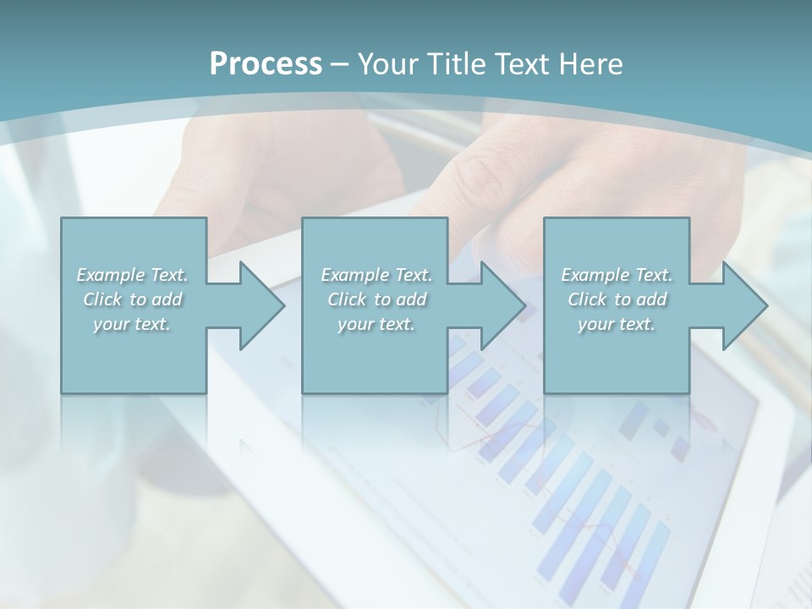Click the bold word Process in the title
[266, 63]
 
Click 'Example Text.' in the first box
[133, 275]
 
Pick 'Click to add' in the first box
[133, 299]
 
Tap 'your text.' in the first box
[133, 324]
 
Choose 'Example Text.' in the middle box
[376, 275]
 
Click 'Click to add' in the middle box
[376, 299]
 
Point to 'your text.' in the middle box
[376, 324]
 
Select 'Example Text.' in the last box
[617, 275]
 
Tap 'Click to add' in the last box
[617, 299]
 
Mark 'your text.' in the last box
[617, 324]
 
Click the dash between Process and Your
[339, 64]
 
